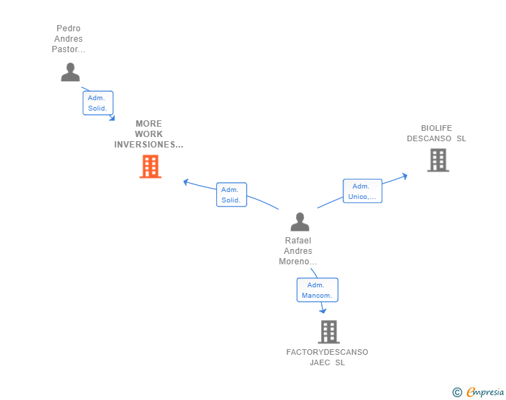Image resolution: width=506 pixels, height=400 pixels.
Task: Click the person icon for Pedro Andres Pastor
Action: [70, 72]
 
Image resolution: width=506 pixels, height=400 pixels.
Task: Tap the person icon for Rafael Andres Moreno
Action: [300, 222]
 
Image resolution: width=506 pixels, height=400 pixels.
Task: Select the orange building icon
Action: [150, 166]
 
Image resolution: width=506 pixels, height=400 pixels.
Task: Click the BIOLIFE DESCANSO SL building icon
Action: [438, 160]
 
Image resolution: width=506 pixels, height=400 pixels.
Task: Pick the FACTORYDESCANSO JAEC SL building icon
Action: [329, 332]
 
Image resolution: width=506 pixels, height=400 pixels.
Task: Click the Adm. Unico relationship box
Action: [362, 191]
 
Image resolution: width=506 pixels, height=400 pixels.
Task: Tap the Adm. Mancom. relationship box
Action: [317, 290]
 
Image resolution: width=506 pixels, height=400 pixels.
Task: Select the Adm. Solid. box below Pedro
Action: [98, 103]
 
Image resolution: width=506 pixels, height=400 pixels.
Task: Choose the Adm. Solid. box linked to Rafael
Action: [231, 195]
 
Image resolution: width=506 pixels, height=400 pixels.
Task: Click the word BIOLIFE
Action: [436, 128]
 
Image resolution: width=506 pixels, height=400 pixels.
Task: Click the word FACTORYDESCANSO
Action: [327, 352]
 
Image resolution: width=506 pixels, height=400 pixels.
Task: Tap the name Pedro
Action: [68, 29]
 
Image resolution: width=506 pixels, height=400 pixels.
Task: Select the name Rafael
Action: [298, 241]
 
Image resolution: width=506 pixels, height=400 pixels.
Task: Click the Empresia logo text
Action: [485, 392]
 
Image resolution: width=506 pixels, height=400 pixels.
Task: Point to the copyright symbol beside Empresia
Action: [457, 392]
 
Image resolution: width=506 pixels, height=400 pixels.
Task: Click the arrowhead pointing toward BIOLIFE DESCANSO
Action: [405, 177]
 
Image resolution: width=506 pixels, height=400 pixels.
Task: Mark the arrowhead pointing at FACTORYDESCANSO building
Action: [323, 311]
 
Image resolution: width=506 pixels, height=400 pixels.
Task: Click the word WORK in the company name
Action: [149, 134]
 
